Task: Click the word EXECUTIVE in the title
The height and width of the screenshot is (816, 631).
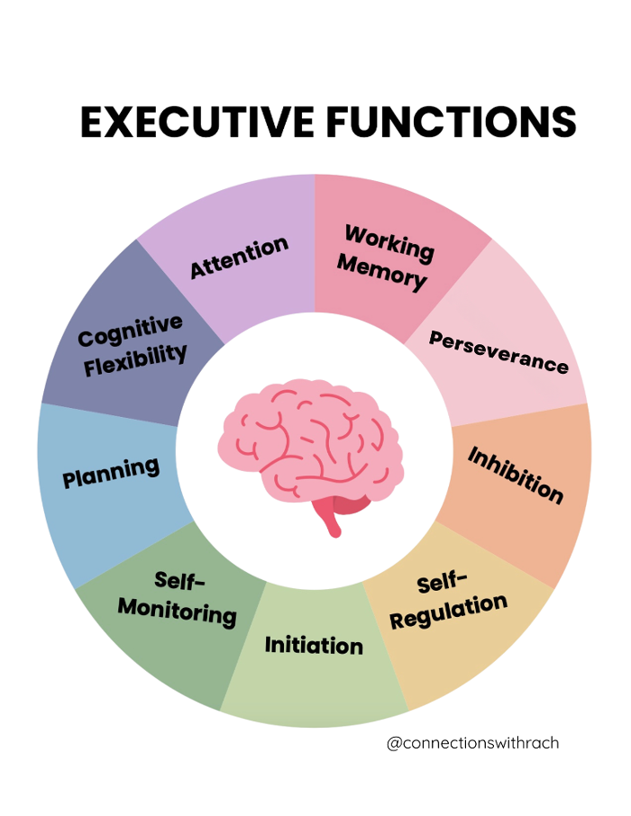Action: tap(197, 122)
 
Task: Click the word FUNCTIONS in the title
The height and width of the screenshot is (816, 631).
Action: tap(452, 122)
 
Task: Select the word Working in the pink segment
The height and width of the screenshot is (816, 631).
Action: tap(389, 243)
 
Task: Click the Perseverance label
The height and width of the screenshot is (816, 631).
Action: tap(498, 352)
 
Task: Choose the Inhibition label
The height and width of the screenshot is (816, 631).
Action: tap(516, 476)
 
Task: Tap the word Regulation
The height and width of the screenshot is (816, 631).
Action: tap(448, 612)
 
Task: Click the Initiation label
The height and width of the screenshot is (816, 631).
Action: tap(314, 645)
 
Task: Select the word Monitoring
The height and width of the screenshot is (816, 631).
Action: tap(178, 612)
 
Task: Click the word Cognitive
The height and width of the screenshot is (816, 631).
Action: tap(131, 330)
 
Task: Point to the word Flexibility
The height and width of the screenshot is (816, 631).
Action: tap(135, 359)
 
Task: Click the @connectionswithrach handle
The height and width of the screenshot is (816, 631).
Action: tap(472, 743)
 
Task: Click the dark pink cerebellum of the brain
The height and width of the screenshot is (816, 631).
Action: tap(352, 503)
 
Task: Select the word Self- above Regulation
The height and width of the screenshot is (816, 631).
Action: tap(443, 581)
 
